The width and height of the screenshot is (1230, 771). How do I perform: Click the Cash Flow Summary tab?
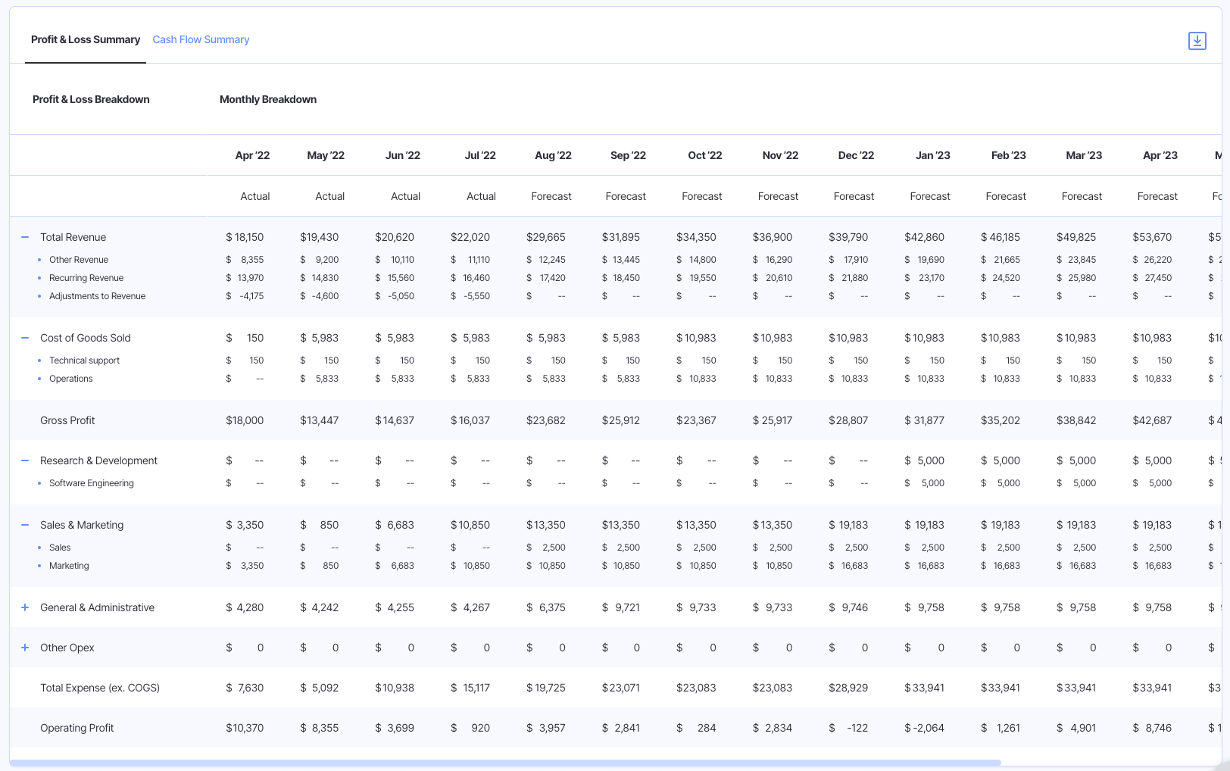pyautogui.click(x=201, y=39)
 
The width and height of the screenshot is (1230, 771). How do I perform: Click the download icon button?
pyautogui.click(x=1197, y=41)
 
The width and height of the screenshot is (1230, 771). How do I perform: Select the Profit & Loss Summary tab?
pyautogui.click(x=86, y=39)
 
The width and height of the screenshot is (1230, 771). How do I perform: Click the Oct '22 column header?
pyautogui.click(x=704, y=155)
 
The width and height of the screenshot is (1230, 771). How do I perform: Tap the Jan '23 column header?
pyautogui.click(x=932, y=155)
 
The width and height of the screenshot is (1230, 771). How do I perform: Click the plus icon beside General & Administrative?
pyautogui.click(x=25, y=607)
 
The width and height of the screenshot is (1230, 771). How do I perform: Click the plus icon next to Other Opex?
pyautogui.click(x=25, y=648)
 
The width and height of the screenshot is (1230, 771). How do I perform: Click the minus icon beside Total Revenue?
pyautogui.click(x=25, y=237)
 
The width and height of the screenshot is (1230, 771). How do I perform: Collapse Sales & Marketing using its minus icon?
pyautogui.click(x=25, y=525)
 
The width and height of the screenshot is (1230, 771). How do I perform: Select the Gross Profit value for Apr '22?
pyautogui.click(x=245, y=420)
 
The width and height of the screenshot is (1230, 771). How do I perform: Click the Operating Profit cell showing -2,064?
pyautogui.click(x=924, y=728)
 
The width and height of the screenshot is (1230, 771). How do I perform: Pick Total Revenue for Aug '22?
pyautogui.click(x=545, y=237)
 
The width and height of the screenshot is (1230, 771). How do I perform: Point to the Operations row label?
pyautogui.click(x=71, y=379)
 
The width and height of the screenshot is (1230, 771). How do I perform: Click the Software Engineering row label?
pyautogui.click(x=92, y=483)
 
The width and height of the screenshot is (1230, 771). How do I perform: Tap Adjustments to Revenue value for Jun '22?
pyautogui.click(x=401, y=296)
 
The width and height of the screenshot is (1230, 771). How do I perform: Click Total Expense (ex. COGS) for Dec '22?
pyautogui.click(x=848, y=688)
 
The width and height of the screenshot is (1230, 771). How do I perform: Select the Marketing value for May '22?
pyautogui.click(x=330, y=566)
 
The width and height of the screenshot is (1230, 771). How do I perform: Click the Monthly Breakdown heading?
pyautogui.click(x=268, y=99)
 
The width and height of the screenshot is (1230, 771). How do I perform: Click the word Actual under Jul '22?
pyautogui.click(x=481, y=196)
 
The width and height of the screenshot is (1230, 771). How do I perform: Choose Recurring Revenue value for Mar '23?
pyautogui.click(x=1082, y=278)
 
